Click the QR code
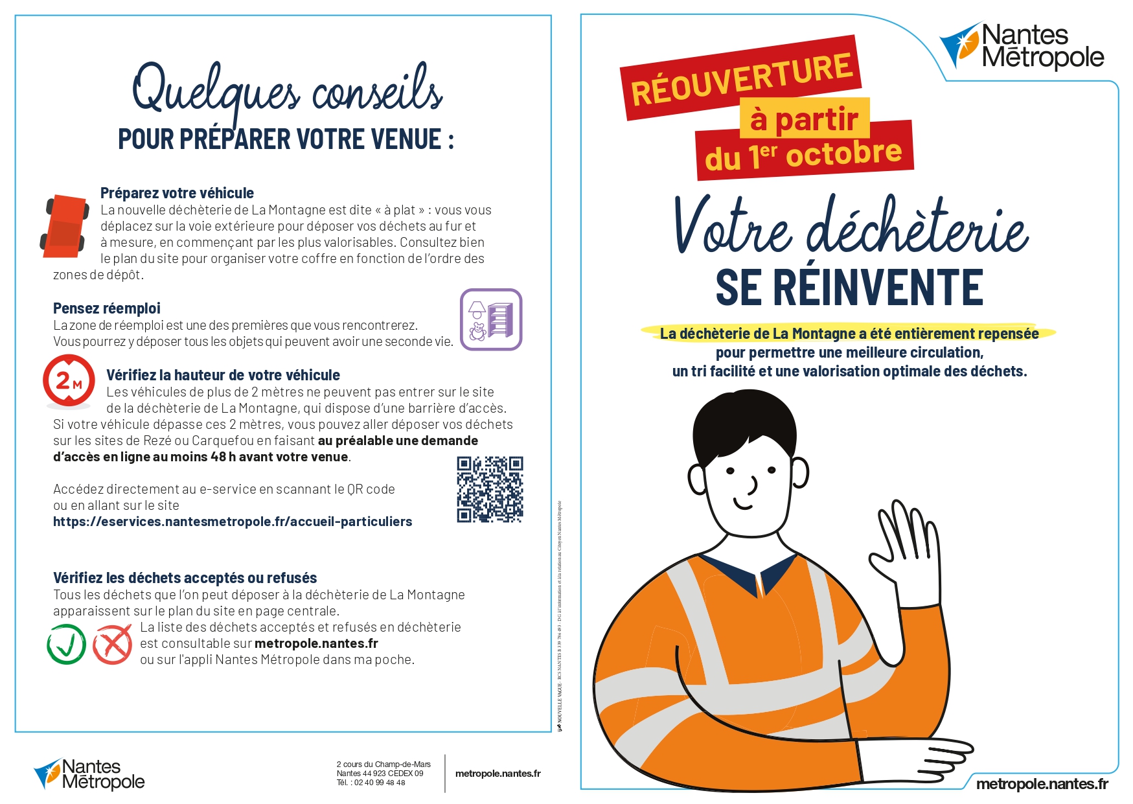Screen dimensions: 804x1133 coord(490,489)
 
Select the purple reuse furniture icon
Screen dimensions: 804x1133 coord(491,319)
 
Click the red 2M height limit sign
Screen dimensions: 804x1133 coord(69,381)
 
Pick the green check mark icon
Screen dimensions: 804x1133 coord(67,644)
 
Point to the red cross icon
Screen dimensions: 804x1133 coord(113,644)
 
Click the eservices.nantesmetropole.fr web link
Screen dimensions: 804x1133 coord(233,522)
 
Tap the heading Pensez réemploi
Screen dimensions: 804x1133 coord(107,308)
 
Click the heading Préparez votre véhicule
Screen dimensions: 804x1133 coord(177,193)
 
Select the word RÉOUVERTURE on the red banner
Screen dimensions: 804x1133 coord(742,79)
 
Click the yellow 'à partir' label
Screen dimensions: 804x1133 coord(805,119)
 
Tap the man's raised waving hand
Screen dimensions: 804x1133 coord(907,557)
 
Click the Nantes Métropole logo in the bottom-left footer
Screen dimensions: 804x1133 coord(89,774)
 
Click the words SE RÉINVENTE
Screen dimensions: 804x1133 coord(849,288)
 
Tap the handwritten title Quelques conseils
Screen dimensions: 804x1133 coord(287,91)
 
